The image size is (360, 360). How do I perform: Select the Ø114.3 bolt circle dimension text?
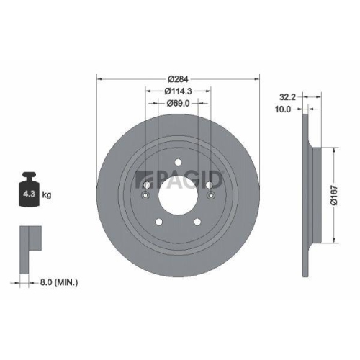(178, 91)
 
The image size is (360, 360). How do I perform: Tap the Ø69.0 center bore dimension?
(178, 104)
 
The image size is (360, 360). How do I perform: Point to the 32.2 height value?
(287, 96)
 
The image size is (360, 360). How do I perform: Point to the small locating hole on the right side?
(210, 195)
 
